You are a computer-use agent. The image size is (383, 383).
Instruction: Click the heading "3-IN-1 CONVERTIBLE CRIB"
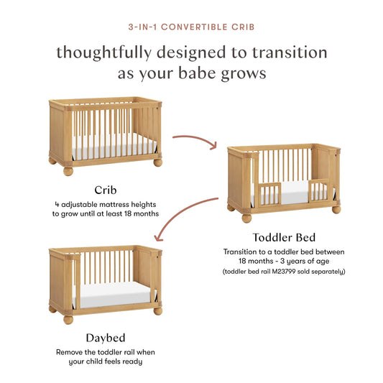click(x=191, y=28)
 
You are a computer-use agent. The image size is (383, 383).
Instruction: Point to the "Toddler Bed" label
click(x=284, y=238)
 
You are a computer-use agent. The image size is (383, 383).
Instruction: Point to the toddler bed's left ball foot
click(x=246, y=218)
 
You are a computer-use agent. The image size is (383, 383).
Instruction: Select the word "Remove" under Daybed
click(x=70, y=352)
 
